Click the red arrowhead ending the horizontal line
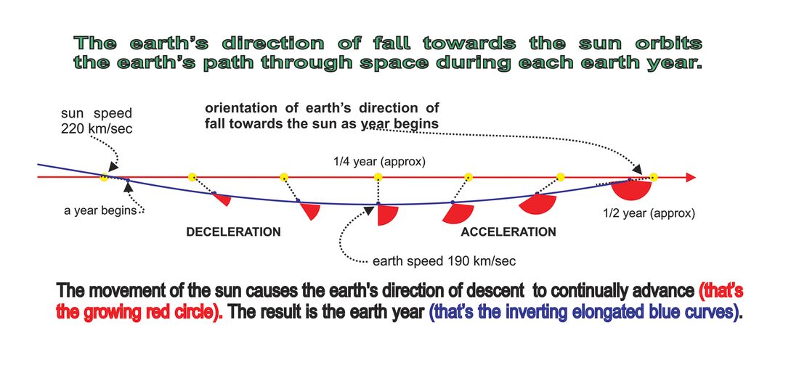[x=691, y=178]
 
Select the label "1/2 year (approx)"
[x=649, y=214]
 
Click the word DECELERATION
[x=233, y=232]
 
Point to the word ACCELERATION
[x=508, y=232]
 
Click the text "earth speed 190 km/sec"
[x=445, y=261]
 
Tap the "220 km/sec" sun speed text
[x=97, y=128]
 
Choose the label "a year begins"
[x=100, y=210]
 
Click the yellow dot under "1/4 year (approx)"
[x=378, y=177]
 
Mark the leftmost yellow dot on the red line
[x=104, y=178]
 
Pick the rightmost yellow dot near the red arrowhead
[x=654, y=178]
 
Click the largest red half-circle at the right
[x=632, y=189]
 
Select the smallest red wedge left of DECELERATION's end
[x=223, y=199]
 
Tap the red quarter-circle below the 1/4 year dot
[x=386, y=214]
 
